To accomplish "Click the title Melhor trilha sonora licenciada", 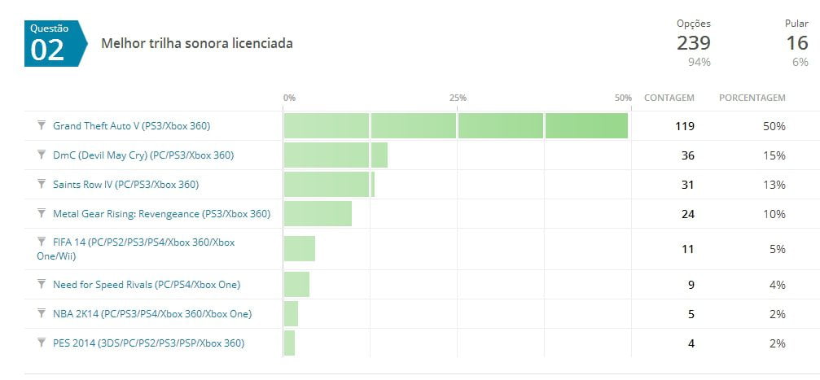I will pyautogui.click(x=196, y=44).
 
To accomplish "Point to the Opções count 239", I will pyautogui.click(x=693, y=43).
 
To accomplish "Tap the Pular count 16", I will pyautogui.click(x=796, y=43).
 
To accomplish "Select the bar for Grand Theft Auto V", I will pyautogui.click(x=455, y=126).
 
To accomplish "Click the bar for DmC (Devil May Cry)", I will pyautogui.click(x=335, y=155).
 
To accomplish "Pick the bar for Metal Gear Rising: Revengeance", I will pyautogui.click(x=318, y=214).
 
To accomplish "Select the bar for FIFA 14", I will pyautogui.click(x=300, y=248).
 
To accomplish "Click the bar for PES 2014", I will pyautogui.click(x=289, y=343).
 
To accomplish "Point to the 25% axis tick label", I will pyautogui.click(x=458, y=98).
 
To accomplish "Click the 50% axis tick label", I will pyautogui.click(x=623, y=98).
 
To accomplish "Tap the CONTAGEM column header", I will pyautogui.click(x=669, y=98).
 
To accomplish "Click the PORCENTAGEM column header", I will pyautogui.click(x=752, y=98).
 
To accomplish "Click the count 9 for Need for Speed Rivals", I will pyautogui.click(x=690, y=285).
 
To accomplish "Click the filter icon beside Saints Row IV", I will pyautogui.click(x=42, y=184).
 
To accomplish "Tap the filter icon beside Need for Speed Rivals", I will pyautogui.click(x=42, y=284).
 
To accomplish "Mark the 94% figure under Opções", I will pyautogui.click(x=699, y=62).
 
